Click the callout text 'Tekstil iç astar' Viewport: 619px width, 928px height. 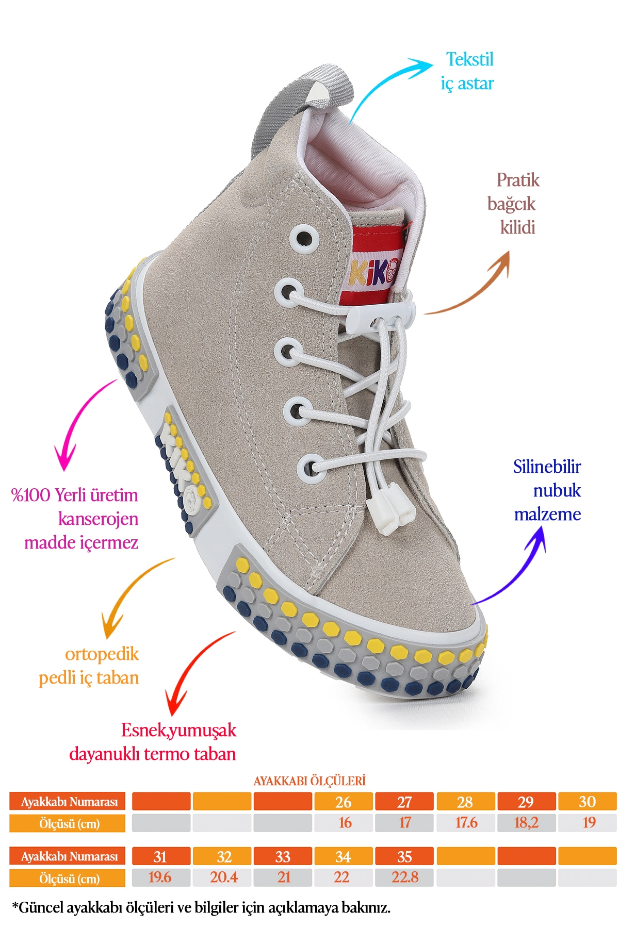pos(467,71)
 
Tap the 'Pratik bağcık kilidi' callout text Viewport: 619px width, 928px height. pos(513,204)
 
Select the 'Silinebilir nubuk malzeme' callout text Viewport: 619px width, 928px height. pos(547,490)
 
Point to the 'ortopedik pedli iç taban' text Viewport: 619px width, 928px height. pos(89,666)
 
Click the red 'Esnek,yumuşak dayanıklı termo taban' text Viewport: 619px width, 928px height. pos(153,742)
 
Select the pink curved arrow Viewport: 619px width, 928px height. pos(83,423)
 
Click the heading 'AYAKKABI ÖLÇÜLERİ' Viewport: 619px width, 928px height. pos(309,781)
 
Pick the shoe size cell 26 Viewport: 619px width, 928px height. pos(344,802)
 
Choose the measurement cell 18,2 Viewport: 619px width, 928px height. pos(526,822)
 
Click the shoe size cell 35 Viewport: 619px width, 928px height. pos(404,856)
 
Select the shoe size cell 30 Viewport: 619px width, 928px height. pos(588,802)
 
